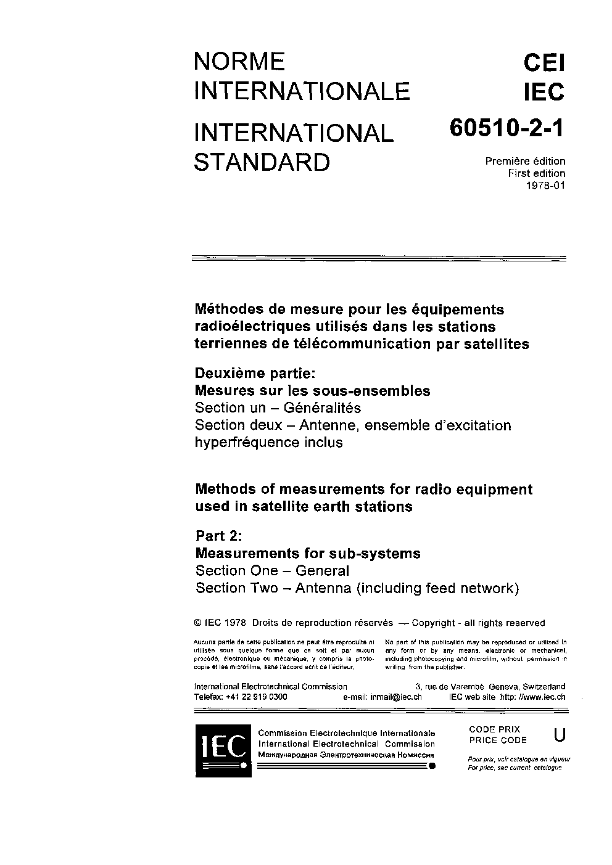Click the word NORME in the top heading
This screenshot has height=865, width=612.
click(x=239, y=62)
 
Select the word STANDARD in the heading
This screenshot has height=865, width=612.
click(x=262, y=162)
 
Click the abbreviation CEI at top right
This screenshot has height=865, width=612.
click(x=544, y=63)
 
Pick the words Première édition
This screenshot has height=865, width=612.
click(x=525, y=162)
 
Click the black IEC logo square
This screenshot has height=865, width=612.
click(x=223, y=750)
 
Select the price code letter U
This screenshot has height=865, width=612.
click(x=560, y=734)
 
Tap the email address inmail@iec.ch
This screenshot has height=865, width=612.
click(x=395, y=697)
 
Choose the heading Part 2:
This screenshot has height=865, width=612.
click(x=219, y=536)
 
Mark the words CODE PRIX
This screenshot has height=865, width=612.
click(x=494, y=729)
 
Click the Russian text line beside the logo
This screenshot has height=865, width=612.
click(x=345, y=754)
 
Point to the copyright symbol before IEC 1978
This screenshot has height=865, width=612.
click(x=199, y=623)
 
